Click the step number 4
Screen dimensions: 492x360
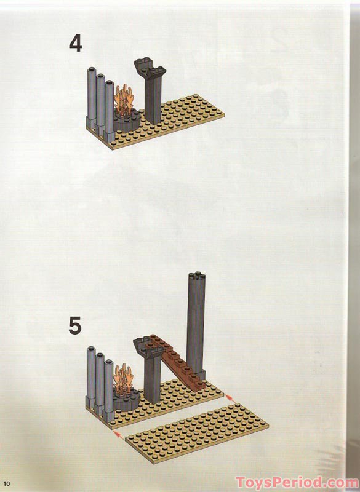(75, 46)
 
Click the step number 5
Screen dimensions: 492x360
(74, 325)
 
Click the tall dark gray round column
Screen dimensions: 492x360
(196, 326)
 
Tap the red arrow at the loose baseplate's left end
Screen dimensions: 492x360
(116, 435)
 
